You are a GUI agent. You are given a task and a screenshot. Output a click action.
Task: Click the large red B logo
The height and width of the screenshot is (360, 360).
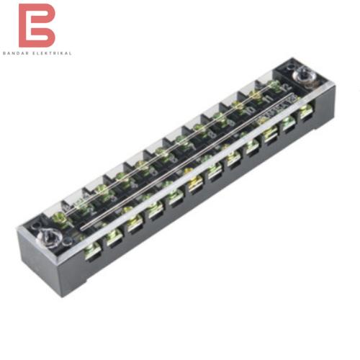point(37,25)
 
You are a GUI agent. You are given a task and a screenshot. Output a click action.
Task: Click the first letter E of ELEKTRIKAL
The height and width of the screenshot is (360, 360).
point(40,53)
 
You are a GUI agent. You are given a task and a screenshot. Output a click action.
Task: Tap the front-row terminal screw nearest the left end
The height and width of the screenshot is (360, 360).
point(91,251)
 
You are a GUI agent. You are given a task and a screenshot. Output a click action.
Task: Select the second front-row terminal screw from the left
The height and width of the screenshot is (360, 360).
point(113,238)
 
